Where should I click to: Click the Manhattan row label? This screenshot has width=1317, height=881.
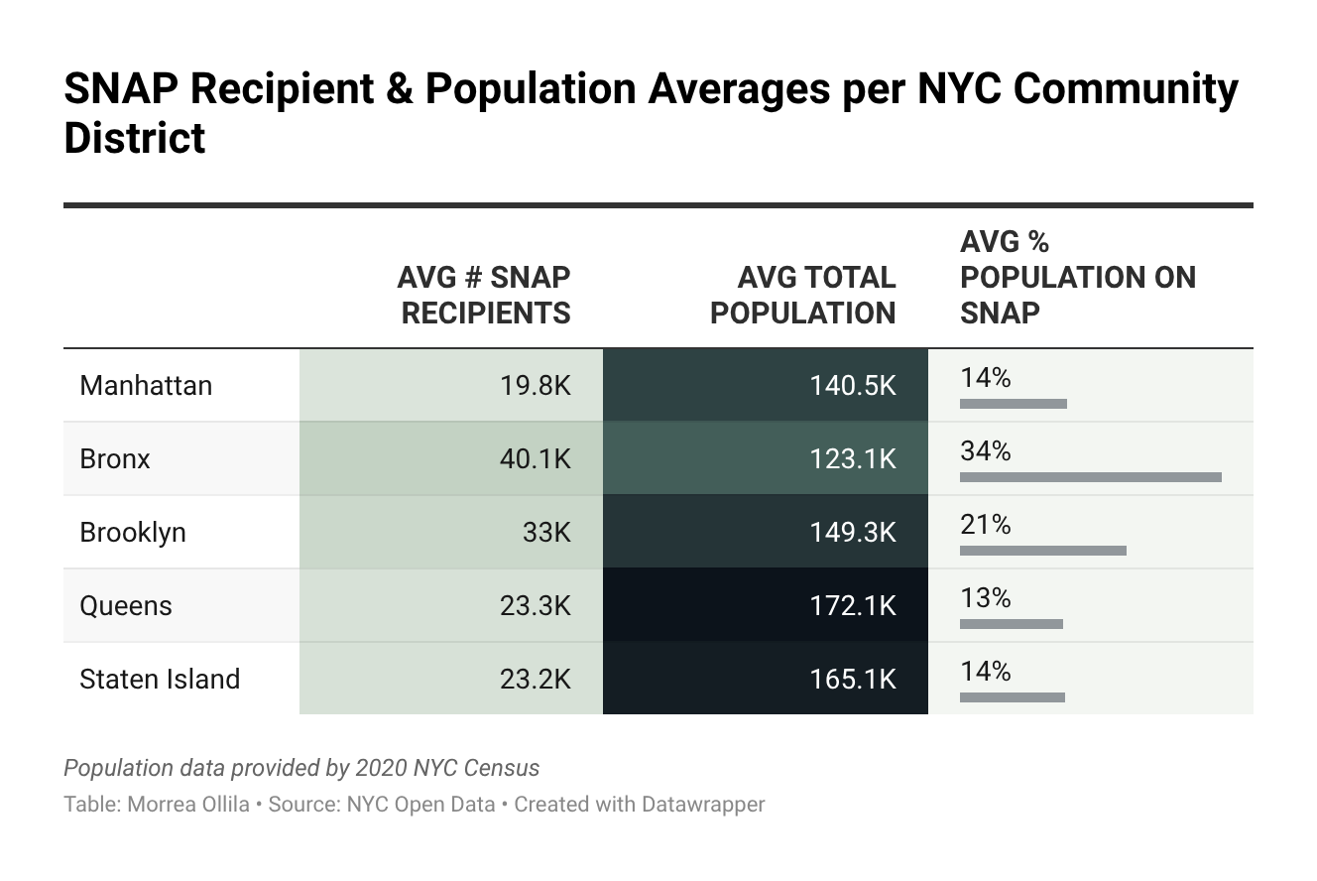[x=146, y=385]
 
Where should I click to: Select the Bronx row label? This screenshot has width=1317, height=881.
[x=115, y=458]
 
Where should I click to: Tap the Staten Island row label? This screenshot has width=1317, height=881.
[x=160, y=679]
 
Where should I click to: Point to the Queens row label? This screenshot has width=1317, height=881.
[x=126, y=605]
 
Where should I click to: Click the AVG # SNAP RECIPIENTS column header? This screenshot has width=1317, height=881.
[x=484, y=295]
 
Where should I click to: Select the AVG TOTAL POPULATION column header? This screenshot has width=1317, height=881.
[x=802, y=295]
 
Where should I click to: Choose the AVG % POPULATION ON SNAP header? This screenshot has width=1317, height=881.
[x=1078, y=277]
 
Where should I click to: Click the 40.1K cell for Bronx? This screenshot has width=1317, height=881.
[x=536, y=458]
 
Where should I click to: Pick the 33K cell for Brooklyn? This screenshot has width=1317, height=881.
[x=546, y=532]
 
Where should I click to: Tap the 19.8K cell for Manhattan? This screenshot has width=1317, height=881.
[x=536, y=385]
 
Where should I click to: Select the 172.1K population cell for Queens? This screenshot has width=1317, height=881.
[x=853, y=605]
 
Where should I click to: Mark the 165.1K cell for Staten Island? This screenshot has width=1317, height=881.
[x=853, y=679]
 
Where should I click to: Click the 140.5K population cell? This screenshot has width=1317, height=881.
[x=853, y=385]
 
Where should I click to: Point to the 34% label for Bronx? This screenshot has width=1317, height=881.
[x=985, y=451]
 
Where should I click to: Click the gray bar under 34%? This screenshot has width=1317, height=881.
[x=1090, y=477]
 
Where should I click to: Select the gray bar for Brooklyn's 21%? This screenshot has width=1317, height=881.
[x=1042, y=551]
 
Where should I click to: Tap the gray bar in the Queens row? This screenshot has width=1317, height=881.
[x=1011, y=624]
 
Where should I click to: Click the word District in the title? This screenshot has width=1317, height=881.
[x=135, y=137]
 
